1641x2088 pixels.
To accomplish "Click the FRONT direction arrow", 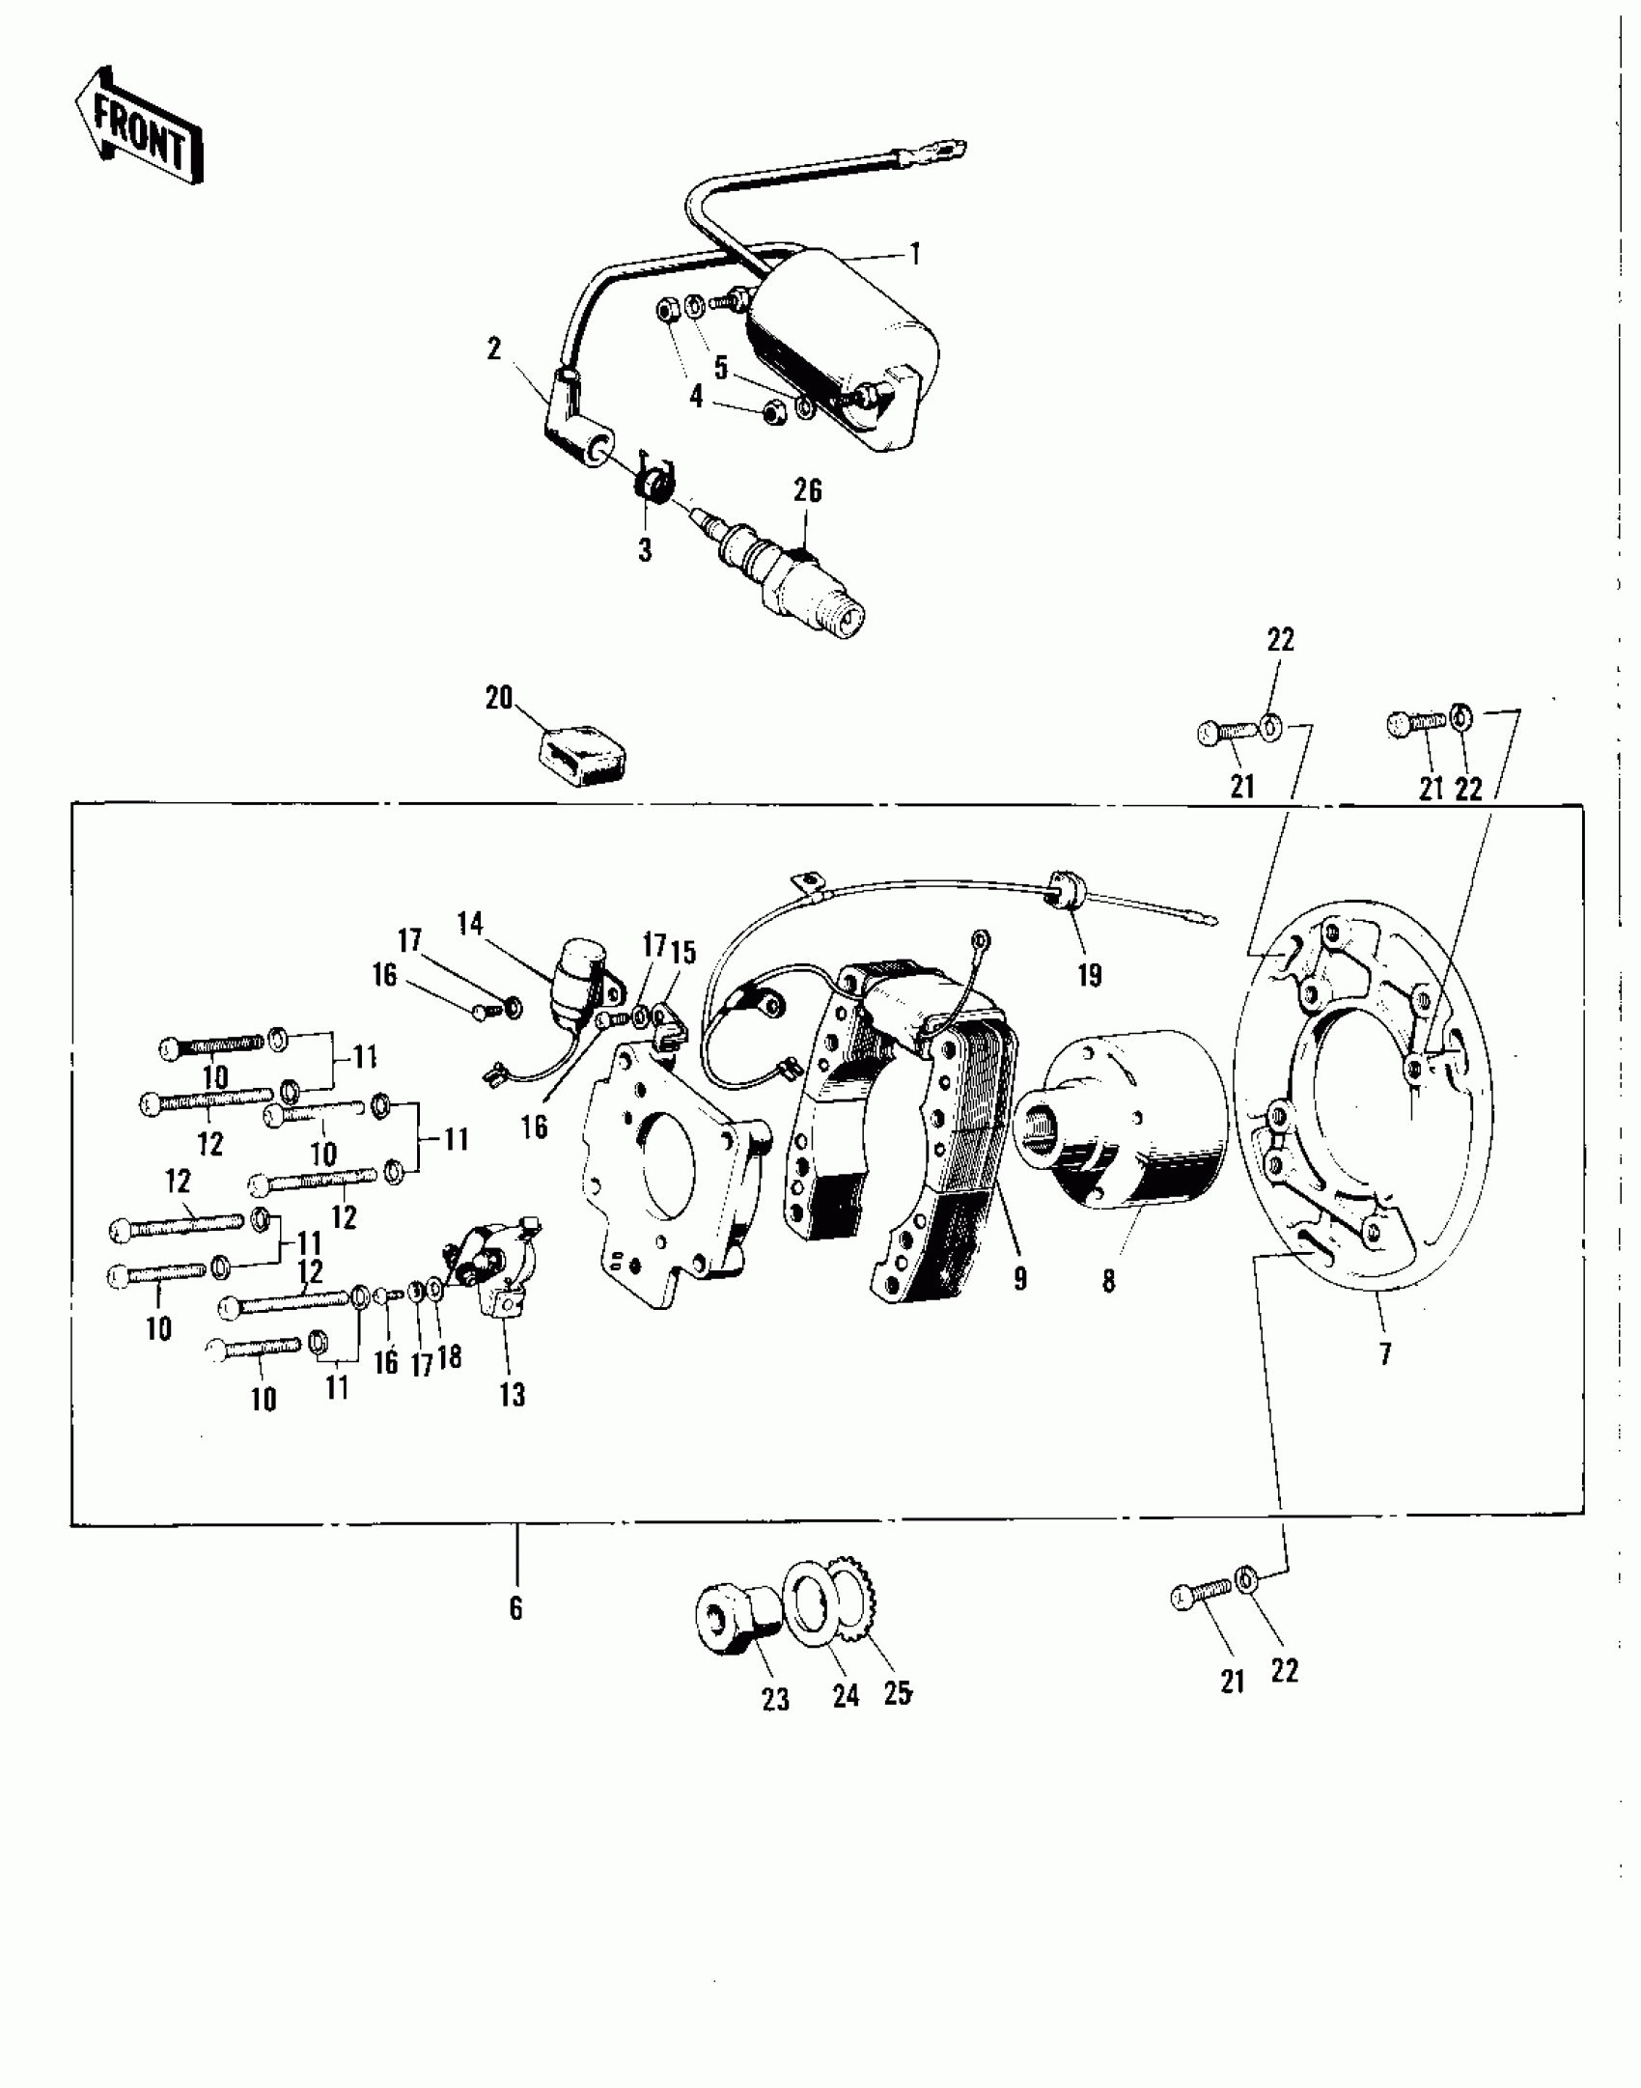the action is point(139,125).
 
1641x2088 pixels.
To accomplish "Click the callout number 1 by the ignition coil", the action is point(914,254).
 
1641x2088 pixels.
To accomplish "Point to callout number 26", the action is point(808,491).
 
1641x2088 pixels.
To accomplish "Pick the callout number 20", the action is point(499,697).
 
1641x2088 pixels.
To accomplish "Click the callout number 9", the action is point(1020,1279).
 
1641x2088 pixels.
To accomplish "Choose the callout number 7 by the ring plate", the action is point(1385,1354).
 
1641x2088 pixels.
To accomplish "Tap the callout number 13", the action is point(512,1394).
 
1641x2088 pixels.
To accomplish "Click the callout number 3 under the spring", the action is point(645,550).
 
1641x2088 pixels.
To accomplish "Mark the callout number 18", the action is point(450,1357).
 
